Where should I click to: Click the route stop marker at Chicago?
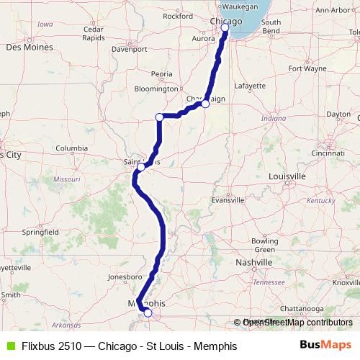(x=225, y=27)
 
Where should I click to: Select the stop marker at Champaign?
(x=205, y=104)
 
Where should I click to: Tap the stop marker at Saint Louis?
(x=142, y=166)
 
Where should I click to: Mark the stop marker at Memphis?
(x=148, y=312)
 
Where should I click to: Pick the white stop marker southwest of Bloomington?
(x=160, y=117)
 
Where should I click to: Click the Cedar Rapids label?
(x=94, y=34)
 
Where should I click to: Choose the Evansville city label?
(x=228, y=200)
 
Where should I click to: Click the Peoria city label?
(x=162, y=73)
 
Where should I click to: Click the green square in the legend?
(x=10, y=346)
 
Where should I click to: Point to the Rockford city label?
(x=178, y=15)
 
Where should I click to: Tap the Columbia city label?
(x=72, y=149)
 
